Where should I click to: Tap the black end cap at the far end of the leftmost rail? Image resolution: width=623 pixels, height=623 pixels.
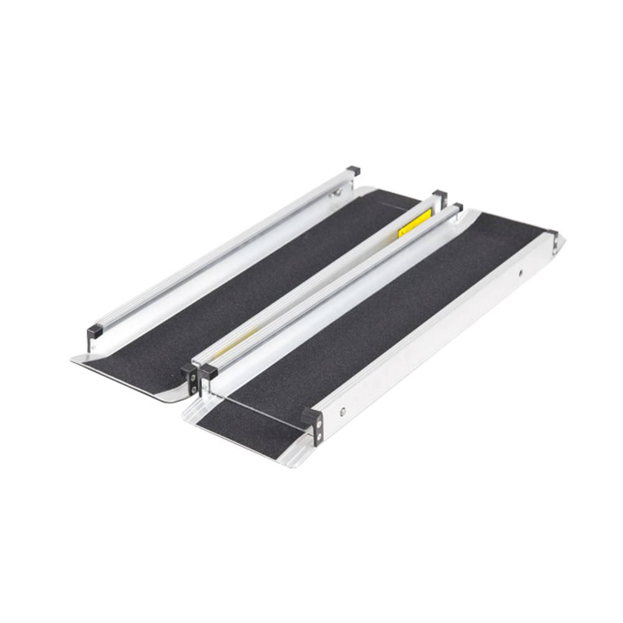click(353, 170)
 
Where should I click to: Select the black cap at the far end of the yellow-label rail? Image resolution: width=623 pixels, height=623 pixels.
click(440, 195)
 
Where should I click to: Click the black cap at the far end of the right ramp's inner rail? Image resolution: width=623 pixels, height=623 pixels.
click(457, 207)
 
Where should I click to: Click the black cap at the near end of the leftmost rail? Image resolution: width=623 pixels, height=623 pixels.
click(95, 331)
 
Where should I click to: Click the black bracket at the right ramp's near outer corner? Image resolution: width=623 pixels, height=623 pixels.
click(313, 421)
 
